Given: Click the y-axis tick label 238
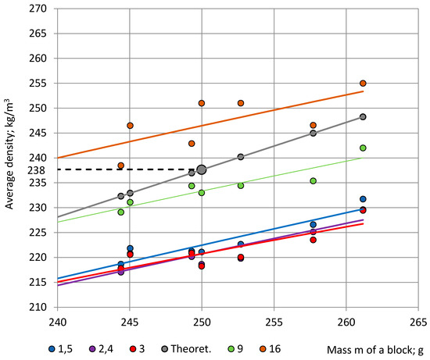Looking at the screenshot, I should (x=40, y=169).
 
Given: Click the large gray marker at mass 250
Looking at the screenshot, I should (x=202, y=169).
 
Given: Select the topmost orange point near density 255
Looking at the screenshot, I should (x=363, y=84).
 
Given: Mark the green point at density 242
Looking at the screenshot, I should (x=363, y=148).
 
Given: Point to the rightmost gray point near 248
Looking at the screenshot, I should (x=363, y=117).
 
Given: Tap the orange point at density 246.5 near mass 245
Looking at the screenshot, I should (x=130, y=126).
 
